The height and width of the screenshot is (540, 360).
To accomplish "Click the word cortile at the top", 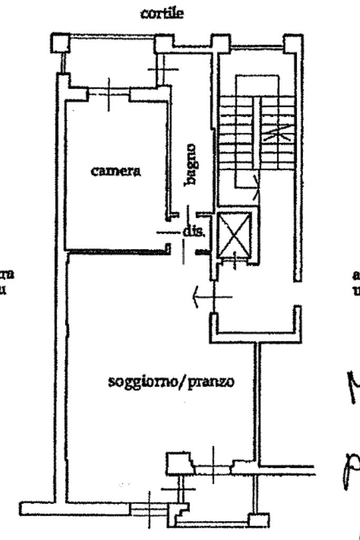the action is (162, 14).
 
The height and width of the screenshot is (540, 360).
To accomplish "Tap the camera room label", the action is (115, 171).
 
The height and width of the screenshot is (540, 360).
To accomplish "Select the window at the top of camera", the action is (109, 93).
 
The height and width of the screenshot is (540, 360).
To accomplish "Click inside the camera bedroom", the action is (116, 206).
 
